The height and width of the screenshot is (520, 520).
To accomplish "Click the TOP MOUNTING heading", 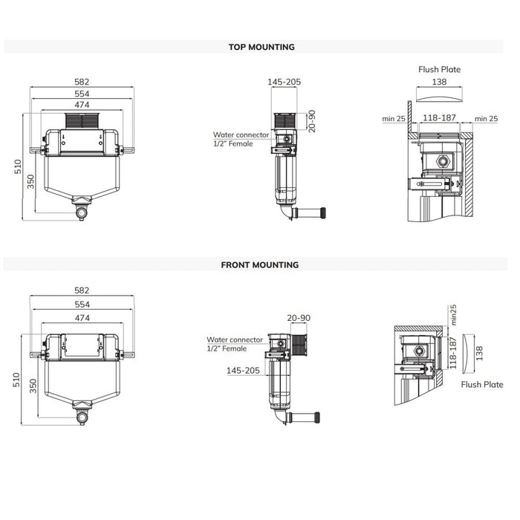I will (261, 47).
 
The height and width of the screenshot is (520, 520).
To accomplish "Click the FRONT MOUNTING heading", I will (260, 264).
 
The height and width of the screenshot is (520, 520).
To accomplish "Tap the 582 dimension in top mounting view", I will (82, 82).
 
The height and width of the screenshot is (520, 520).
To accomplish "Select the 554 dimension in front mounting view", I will (82, 305).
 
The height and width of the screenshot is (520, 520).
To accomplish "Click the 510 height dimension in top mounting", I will (18, 168).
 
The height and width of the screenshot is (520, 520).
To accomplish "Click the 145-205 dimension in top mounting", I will (284, 82).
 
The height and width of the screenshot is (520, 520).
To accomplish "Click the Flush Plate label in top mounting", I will (440, 70).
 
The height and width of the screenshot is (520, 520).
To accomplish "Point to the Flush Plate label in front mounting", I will (482, 384).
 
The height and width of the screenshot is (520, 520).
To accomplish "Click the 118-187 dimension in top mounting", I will (439, 117).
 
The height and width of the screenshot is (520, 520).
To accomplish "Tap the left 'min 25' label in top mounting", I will (394, 117).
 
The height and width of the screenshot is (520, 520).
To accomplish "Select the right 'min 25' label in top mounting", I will (486, 117).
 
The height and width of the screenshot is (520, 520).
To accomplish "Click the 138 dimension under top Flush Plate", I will (440, 82).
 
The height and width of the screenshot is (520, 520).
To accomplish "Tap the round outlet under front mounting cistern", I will (82, 418).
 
